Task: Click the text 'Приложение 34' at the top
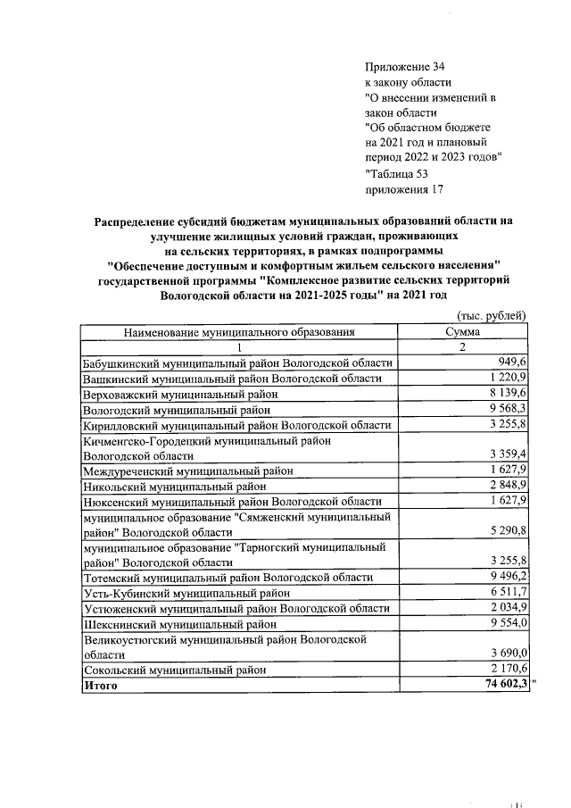point(404,68)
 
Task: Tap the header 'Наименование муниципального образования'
point(239,331)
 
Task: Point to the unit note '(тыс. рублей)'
point(492,315)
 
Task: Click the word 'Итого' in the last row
point(100,686)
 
